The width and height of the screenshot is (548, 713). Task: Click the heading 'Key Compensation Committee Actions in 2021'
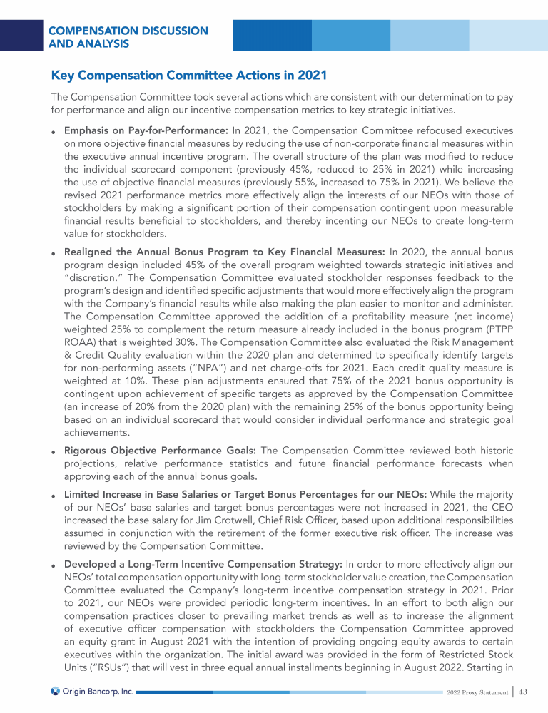click(189, 74)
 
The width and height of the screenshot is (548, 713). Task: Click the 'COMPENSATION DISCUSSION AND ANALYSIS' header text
click(128, 37)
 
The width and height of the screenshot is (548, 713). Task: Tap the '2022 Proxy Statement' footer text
click(475, 692)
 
